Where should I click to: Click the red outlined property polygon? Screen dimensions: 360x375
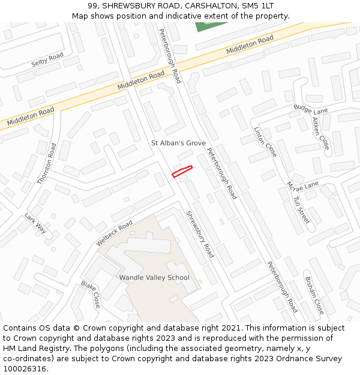pos(182,171)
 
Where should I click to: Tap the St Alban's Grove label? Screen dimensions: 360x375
pos(178,143)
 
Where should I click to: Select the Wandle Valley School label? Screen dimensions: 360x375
pos(154,277)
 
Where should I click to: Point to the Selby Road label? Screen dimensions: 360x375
pos(47,59)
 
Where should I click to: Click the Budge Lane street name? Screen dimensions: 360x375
pos(311,109)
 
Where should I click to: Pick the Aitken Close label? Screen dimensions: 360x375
pos(321,133)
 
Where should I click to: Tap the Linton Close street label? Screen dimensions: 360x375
pos(265,142)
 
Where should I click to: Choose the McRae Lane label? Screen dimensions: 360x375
pos(302,185)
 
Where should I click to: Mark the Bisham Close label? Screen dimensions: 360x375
pos(314,295)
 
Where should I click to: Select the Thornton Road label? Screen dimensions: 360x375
pos(46,163)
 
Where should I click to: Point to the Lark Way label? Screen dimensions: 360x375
pos(35,223)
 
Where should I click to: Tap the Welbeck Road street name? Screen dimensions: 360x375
pos(114,233)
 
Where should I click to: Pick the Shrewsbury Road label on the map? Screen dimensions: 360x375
pos(199,234)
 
